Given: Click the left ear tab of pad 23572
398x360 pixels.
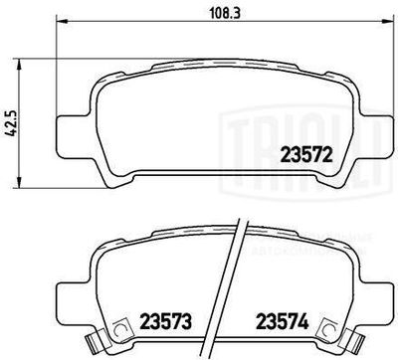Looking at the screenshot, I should tap(69, 129).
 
